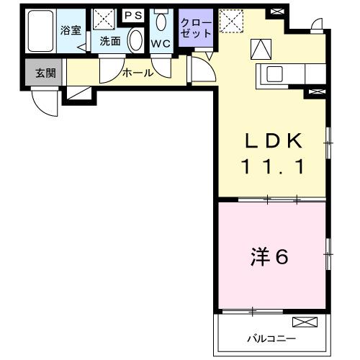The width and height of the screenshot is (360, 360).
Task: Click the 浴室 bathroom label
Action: [x=70, y=31]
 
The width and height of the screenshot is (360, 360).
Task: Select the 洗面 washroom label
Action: [x=109, y=41]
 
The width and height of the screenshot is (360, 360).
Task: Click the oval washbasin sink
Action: [x=135, y=40]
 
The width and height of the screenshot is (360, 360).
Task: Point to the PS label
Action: [x=133, y=14]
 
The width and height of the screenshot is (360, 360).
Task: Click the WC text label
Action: [x=160, y=42]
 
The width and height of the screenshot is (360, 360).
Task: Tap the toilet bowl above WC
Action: [x=160, y=21]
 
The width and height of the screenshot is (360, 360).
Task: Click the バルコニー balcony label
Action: [x=272, y=337]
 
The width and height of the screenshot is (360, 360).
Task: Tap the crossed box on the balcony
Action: [x=305, y=322]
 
